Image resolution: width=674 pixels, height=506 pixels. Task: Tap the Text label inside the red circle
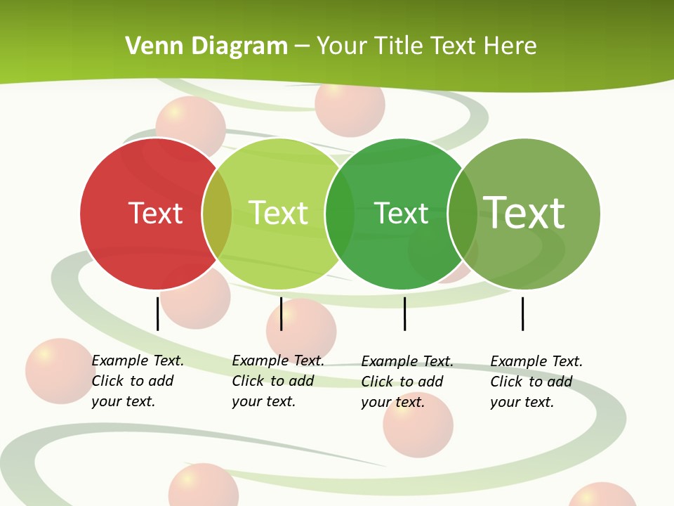tap(155, 213)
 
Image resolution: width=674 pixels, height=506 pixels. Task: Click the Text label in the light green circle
tap(278, 213)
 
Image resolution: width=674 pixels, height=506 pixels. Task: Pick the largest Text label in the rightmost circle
tap(524, 212)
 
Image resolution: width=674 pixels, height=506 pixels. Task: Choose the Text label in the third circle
tap(401, 213)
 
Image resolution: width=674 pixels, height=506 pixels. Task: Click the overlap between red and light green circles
tap(217, 214)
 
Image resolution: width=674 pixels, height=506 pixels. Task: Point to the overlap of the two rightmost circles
tap(463, 214)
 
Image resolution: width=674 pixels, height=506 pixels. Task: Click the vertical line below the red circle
tap(158, 313)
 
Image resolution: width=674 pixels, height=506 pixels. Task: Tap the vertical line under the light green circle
tap(281, 313)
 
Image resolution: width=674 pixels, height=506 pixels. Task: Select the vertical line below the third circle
tap(404, 313)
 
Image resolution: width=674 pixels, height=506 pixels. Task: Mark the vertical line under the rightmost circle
tap(522, 313)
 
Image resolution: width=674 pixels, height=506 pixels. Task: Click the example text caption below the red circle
tap(137, 381)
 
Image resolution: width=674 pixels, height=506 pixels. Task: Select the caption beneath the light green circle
tap(277, 381)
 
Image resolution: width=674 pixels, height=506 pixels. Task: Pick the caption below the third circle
tap(407, 382)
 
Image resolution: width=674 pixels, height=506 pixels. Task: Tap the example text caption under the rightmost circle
tap(536, 382)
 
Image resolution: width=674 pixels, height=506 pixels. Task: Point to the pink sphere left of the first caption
tap(60, 371)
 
